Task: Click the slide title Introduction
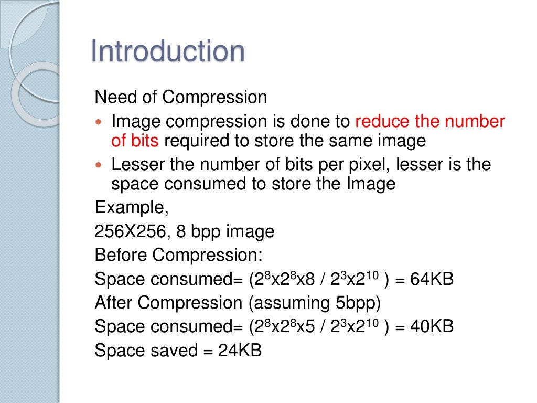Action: (x=167, y=51)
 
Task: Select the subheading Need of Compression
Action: (x=180, y=97)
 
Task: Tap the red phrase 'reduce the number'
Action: (x=430, y=122)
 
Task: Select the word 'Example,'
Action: (x=132, y=208)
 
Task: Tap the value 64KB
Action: (x=432, y=279)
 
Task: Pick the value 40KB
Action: (x=432, y=326)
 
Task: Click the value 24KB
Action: (x=240, y=350)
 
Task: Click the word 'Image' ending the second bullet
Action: (x=371, y=184)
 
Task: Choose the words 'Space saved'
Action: (x=145, y=350)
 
